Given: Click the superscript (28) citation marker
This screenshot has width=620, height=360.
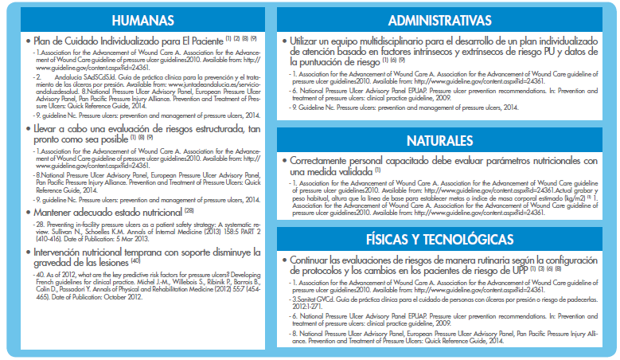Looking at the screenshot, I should pyautogui.click(x=189, y=209).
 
